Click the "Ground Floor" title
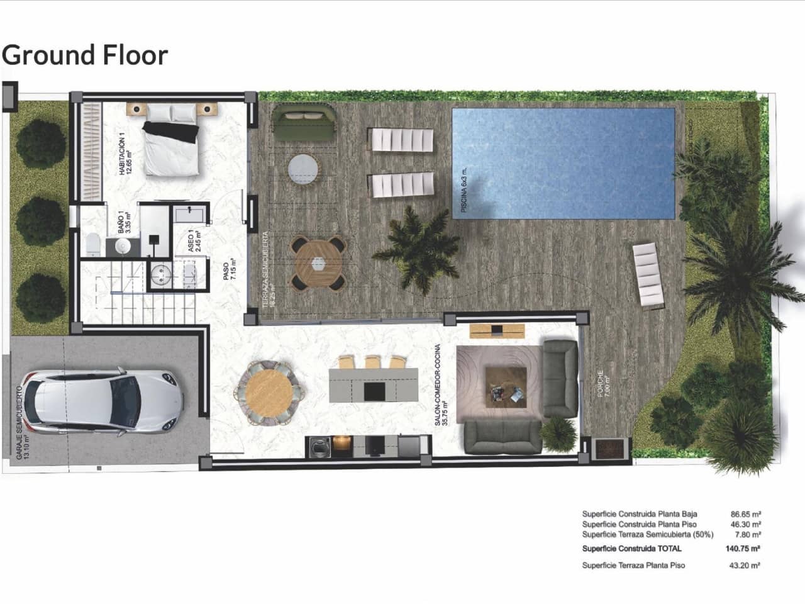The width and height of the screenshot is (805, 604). (x=85, y=55)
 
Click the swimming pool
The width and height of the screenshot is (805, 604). (x=563, y=163)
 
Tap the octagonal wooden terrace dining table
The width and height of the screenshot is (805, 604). (x=319, y=262)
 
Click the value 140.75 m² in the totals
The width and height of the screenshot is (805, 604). (x=743, y=548)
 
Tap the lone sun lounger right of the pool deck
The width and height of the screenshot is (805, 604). (x=648, y=276)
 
